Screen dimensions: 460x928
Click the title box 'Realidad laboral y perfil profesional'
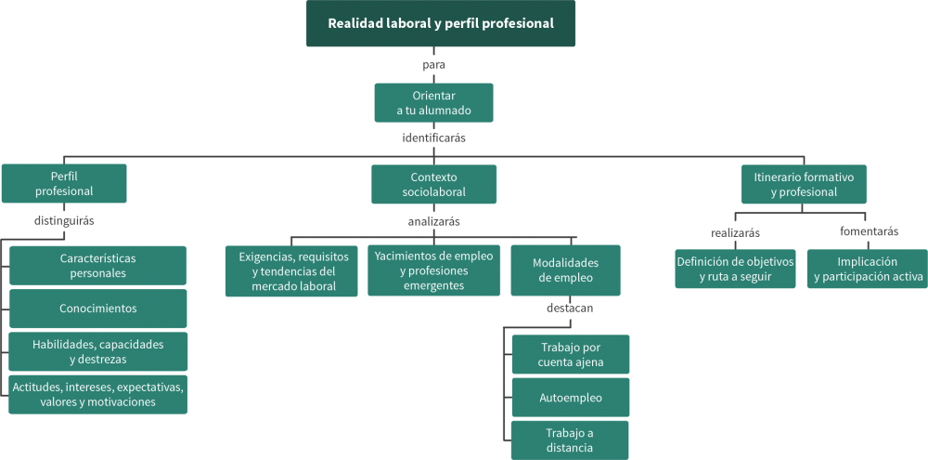tap(441, 23)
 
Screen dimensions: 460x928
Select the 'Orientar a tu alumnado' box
tap(433, 103)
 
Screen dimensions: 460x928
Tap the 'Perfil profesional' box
tap(64, 184)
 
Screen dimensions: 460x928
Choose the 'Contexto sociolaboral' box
tap(433, 184)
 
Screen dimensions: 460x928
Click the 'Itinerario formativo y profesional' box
tap(804, 184)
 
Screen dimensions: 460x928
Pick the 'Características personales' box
tap(97, 265)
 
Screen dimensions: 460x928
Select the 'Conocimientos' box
tap(97, 309)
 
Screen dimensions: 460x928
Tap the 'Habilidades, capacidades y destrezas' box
tap(97, 351)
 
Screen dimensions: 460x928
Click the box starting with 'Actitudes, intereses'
tap(97, 395)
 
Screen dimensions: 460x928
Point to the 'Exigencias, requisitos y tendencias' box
tap(292, 270)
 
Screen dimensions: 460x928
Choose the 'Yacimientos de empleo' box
tap(434, 270)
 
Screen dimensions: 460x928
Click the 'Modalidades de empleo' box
tap(565, 270)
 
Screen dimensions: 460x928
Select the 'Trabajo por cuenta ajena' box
tap(571, 355)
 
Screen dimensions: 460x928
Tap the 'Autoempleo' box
tap(571, 398)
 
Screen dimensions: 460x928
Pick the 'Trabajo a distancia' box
tap(570, 440)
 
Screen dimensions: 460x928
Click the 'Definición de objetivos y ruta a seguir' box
tap(735, 269)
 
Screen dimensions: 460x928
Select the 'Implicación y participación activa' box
tap(868, 269)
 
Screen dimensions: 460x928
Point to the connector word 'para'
tap(433, 65)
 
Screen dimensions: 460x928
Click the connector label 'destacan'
tap(569, 308)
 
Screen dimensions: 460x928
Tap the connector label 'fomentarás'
tap(869, 231)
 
